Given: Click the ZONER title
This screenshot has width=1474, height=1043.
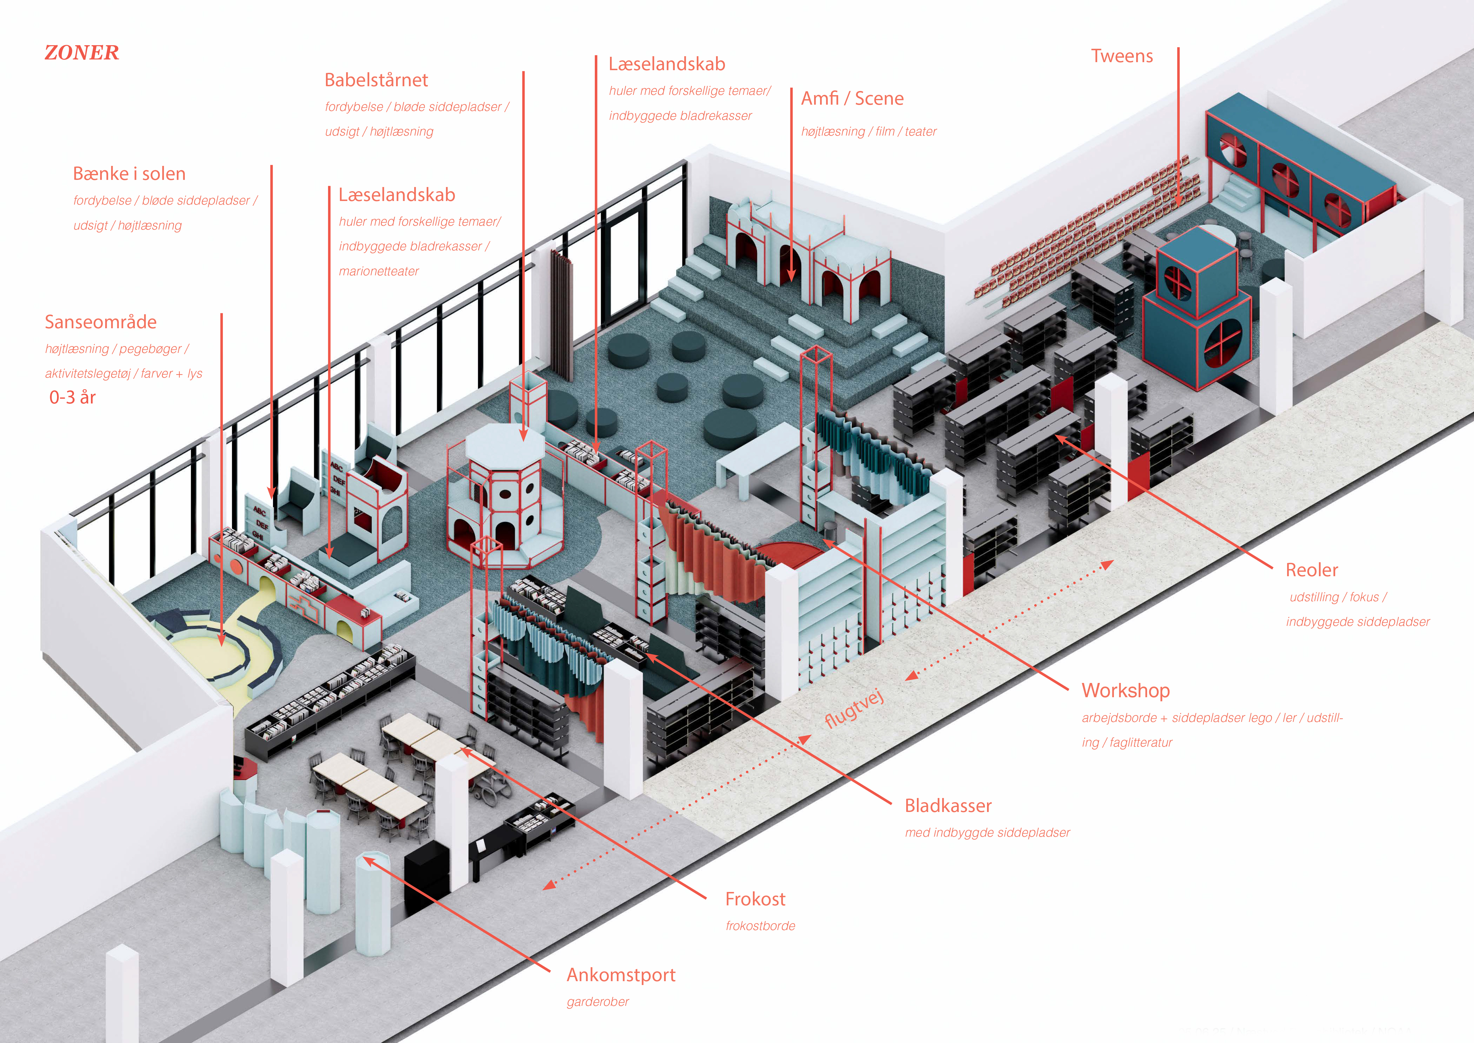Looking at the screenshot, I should [81, 53].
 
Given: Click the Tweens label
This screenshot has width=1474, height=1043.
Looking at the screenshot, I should [1122, 56].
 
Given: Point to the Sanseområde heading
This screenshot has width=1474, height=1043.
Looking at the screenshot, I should [100, 322].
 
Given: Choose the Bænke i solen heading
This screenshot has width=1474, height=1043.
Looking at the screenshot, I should [129, 174].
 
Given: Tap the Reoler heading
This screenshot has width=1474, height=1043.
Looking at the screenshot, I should [1311, 570].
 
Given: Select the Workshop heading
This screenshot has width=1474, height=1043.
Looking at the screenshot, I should [1125, 690].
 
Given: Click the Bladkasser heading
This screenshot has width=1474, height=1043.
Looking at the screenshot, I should [948, 806].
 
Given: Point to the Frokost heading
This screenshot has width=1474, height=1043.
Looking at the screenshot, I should [755, 899].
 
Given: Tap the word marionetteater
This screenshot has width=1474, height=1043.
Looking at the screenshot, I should [379, 272].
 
